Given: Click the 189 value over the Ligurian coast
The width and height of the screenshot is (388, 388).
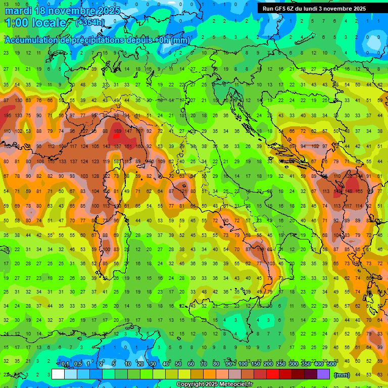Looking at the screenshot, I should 118,131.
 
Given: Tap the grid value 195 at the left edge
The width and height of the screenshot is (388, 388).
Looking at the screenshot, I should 7,116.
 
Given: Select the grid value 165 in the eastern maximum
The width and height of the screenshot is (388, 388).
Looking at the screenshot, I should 360,191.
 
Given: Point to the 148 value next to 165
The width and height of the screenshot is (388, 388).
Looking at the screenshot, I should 349,191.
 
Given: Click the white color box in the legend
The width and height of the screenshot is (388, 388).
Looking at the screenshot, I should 58,374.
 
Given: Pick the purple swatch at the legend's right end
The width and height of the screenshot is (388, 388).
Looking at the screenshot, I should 323,374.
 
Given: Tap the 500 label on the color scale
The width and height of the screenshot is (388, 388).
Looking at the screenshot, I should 331,364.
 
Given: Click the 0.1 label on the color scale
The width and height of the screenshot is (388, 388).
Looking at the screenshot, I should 66,364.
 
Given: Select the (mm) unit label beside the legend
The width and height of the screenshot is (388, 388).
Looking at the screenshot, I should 342,375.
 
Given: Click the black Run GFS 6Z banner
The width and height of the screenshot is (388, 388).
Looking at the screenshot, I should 318,8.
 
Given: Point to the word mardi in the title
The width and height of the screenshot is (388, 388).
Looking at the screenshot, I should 18,10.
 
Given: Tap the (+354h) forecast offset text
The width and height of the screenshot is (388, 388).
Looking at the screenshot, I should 90,22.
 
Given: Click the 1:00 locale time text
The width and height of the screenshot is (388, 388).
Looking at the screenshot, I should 35,23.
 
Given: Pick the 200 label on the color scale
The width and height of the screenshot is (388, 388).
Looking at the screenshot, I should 268,364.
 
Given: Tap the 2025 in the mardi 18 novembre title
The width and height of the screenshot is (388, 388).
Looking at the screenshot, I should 108,10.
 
